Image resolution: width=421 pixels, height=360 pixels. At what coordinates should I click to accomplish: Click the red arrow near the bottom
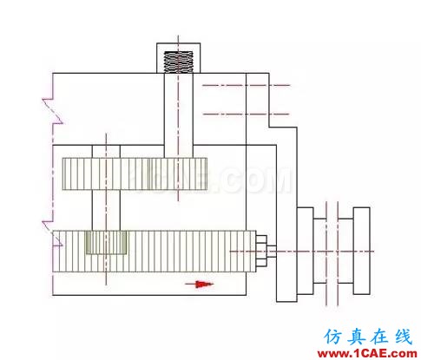coord(200,285)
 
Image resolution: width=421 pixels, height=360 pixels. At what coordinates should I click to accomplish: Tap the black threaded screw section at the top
coord(178,62)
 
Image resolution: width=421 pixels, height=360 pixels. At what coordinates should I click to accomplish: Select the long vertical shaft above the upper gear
coord(179,115)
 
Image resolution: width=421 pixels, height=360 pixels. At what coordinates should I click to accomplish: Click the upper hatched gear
coord(135,173)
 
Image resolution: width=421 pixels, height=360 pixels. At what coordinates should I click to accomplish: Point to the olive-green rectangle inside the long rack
coord(106,243)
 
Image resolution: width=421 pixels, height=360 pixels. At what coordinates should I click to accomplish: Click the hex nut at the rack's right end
coord(261,251)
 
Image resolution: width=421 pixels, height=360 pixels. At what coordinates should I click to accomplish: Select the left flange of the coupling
coord(306,251)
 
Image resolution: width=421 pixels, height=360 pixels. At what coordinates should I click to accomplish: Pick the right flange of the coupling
coord(361,251)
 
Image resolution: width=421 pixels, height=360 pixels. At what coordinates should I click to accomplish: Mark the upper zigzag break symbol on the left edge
coord(53,111)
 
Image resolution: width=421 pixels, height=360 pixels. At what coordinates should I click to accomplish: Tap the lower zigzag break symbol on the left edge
coord(53,233)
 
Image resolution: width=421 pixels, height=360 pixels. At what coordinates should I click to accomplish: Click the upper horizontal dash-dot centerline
coord(247,85)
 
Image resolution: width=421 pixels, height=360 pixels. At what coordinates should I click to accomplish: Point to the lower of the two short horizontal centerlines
coord(247,115)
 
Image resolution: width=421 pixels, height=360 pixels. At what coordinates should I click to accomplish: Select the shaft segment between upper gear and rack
coord(106,210)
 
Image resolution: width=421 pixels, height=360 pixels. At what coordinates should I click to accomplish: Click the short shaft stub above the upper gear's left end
coord(106,152)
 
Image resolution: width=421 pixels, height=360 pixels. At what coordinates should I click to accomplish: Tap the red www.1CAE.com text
coord(367,353)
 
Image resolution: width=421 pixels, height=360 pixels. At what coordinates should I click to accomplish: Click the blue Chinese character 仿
coord(333,337)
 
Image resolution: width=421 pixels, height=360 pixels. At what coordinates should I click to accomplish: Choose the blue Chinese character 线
coord(403,337)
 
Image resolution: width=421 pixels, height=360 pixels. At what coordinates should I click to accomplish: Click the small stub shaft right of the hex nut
coord(272,251)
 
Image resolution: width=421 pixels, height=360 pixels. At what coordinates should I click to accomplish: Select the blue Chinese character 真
coord(356,337)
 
